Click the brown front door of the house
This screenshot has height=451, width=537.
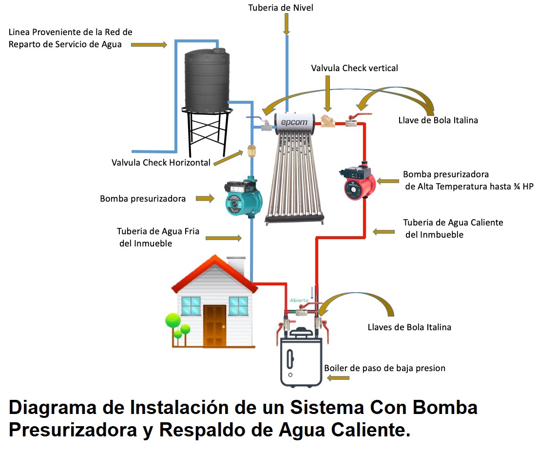214,325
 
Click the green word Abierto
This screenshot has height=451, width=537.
299,301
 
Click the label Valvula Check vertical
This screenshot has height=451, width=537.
354,68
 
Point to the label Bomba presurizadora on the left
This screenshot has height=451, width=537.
142,199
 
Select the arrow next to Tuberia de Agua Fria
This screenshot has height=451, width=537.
224,238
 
